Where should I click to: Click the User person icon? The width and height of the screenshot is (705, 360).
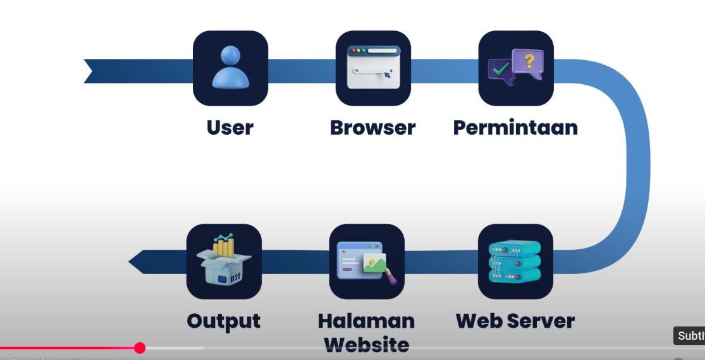(x=230, y=68)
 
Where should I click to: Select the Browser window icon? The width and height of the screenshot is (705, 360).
(x=373, y=68)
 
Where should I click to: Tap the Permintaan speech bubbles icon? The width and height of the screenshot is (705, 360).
(x=515, y=68)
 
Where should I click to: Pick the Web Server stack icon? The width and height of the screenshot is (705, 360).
(x=515, y=261)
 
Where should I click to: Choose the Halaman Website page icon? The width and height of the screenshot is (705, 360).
(x=367, y=261)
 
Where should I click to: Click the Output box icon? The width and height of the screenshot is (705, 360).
(x=224, y=261)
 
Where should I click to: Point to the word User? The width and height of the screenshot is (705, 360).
(x=230, y=128)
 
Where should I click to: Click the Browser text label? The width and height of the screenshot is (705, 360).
(x=373, y=128)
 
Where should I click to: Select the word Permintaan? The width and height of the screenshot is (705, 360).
(x=515, y=128)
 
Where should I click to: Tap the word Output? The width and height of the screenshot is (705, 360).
(x=224, y=321)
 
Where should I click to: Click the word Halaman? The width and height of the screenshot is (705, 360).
(x=367, y=321)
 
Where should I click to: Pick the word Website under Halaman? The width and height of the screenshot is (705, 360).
(x=367, y=345)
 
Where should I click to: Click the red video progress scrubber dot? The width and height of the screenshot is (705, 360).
(x=140, y=348)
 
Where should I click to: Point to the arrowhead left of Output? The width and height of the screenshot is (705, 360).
(x=136, y=261)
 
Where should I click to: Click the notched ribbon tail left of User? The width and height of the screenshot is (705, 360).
(x=92, y=71)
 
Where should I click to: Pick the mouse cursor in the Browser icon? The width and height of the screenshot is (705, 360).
(x=387, y=76)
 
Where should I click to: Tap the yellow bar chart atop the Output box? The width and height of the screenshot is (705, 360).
(x=224, y=245)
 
